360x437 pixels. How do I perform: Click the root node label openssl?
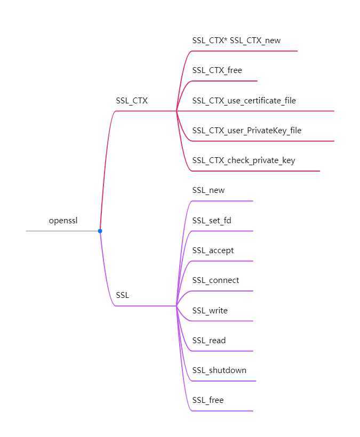[x=63, y=220]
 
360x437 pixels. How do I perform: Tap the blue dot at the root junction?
[x=100, y=231]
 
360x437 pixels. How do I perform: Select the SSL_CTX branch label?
[x=132, y=100]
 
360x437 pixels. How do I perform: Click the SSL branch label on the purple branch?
[x=122, y=295]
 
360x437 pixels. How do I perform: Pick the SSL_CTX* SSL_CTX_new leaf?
[x=236, y=40]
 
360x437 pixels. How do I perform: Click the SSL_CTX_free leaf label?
[x=217, y=70]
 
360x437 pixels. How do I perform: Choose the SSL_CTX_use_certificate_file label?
[x=244, y=100]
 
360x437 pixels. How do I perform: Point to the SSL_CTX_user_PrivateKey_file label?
[x=247, y=130]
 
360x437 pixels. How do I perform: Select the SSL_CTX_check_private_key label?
[x=243, y=160]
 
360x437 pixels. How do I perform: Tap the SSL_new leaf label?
[x=209, y=190]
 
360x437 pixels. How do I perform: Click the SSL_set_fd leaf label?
[x=212, y=220]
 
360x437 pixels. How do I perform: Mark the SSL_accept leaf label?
[x=213, y=250]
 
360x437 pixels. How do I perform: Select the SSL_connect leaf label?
[x=215, y=280]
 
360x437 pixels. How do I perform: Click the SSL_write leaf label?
[x=210, y=310]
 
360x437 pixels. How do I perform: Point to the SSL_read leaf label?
[x=209, y=340]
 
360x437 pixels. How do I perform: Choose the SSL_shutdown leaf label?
[x=219, y=370]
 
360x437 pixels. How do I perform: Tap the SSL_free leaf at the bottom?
[x=207, y=400]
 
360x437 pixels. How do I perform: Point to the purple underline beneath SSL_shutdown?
[x=224, y=381]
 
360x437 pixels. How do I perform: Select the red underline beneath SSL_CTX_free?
[x=224, y=81]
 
